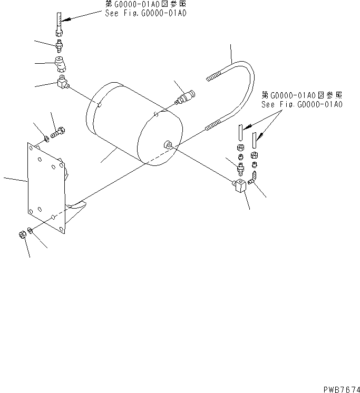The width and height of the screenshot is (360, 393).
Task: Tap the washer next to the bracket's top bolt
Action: [x=47, y=139]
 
